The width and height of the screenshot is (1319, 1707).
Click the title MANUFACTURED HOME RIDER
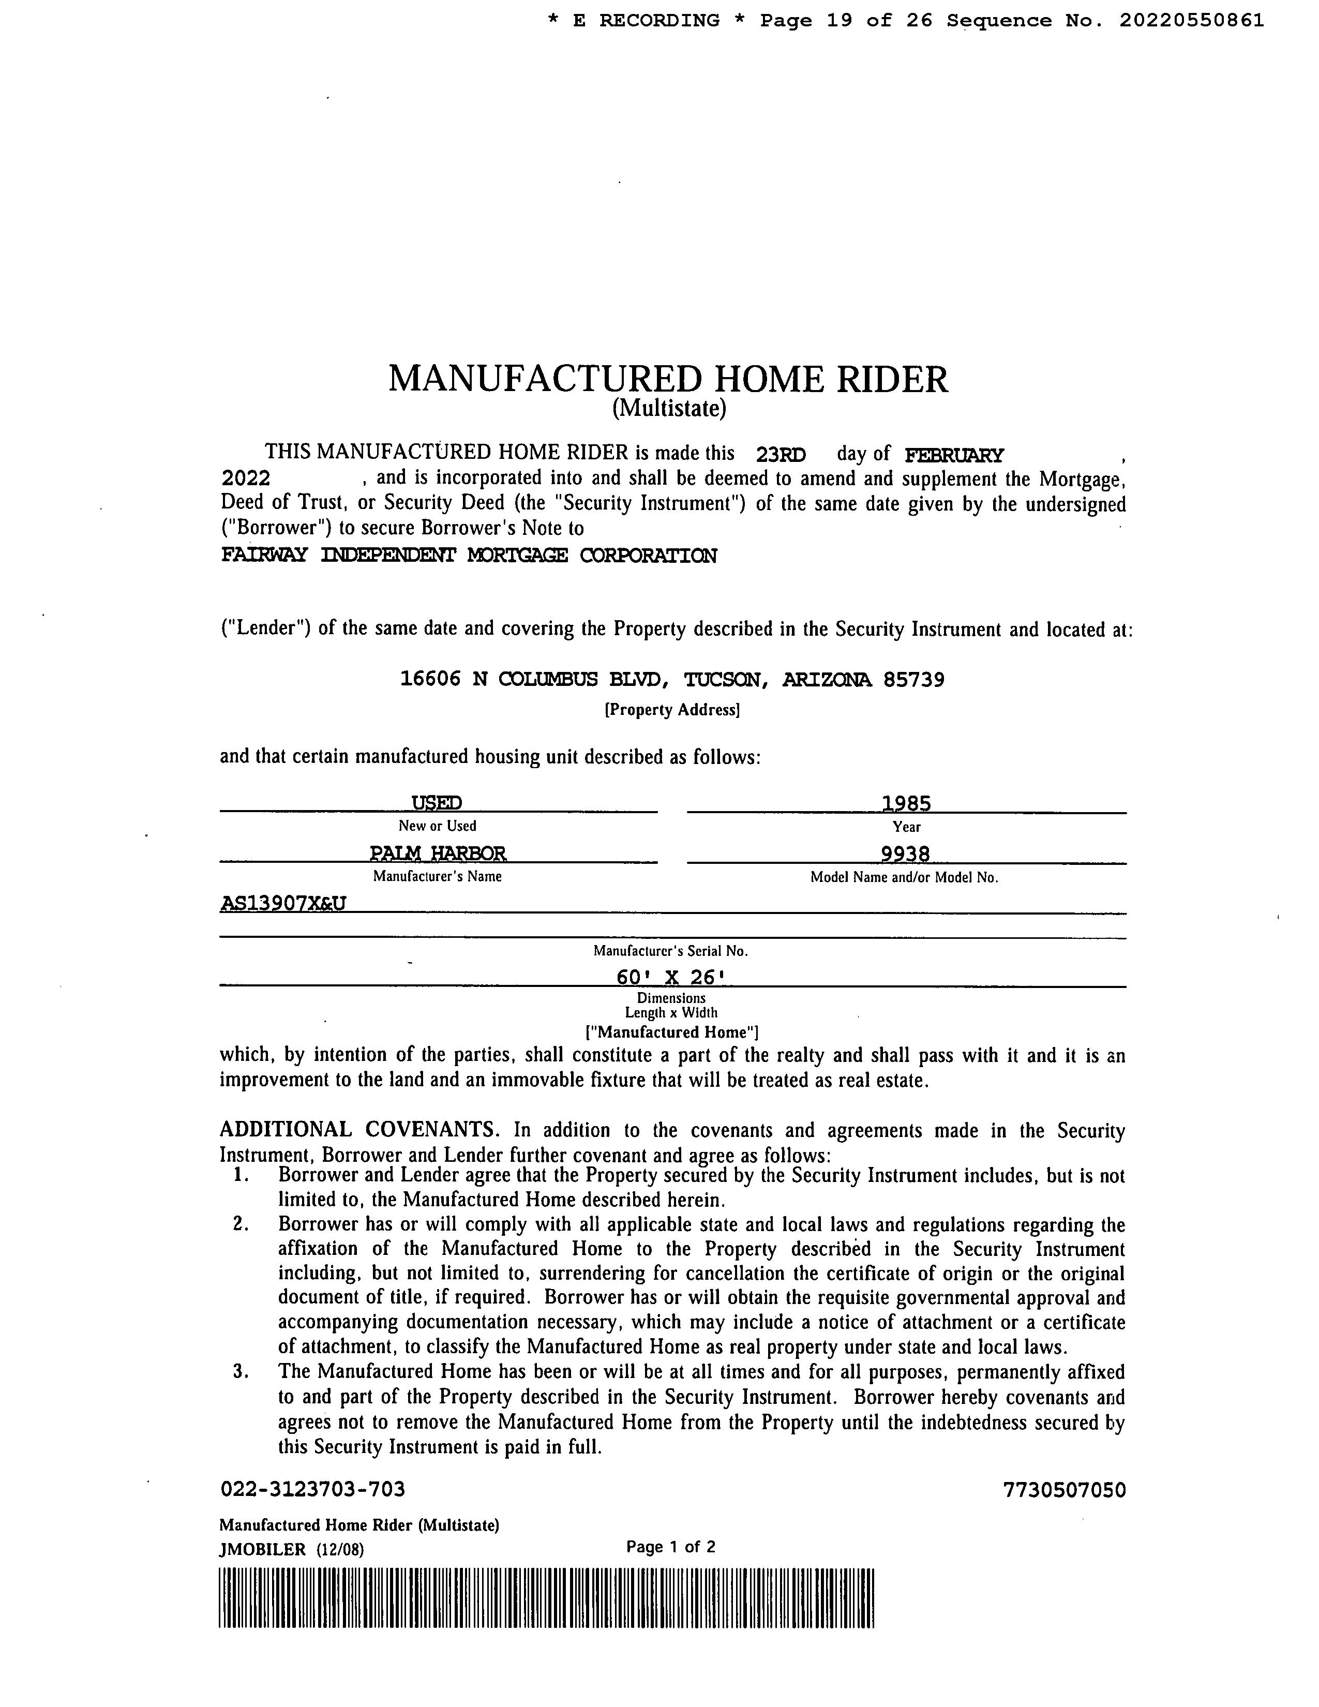point(668,379)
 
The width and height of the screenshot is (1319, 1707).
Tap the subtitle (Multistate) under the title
point(669,408)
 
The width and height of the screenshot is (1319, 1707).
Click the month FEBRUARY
point(953,455)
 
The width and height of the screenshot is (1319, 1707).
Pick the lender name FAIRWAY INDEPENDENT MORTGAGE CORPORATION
point(469,556)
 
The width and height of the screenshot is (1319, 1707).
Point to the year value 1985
point(906,803)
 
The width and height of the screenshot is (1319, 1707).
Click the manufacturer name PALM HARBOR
point(438,852)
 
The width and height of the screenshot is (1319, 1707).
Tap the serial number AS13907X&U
point(283,904)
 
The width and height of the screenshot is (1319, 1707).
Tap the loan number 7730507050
point(1065,1490)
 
